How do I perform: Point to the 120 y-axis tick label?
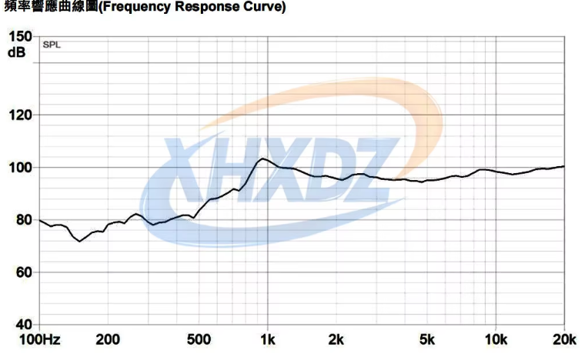[20, 115]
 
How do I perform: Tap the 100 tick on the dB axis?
[20, 168]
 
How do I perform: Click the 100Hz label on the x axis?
[41, 340]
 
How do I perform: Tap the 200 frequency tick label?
[108, 340]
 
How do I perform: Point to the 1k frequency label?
[267, 340]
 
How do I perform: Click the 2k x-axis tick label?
[336, 340]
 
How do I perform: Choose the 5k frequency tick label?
[427, 340]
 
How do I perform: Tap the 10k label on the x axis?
[496, 340]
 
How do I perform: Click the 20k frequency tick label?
[564, 340]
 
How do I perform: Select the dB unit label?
[17, 52]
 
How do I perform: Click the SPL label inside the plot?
[52, 45]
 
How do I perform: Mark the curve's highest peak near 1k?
[262, 158]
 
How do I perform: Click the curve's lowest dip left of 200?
[79, 242]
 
